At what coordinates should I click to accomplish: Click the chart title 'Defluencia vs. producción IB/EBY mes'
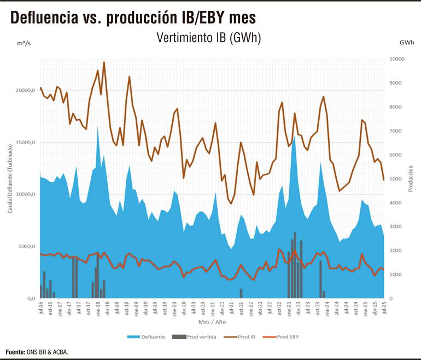[133, 18]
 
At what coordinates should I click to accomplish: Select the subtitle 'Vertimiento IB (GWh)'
[208, 38]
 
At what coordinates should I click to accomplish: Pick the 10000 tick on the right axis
[397, 59]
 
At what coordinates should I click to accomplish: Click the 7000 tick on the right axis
[396, 131]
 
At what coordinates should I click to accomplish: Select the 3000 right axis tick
[396, 227]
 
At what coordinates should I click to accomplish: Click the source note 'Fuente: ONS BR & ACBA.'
[37, 352]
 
